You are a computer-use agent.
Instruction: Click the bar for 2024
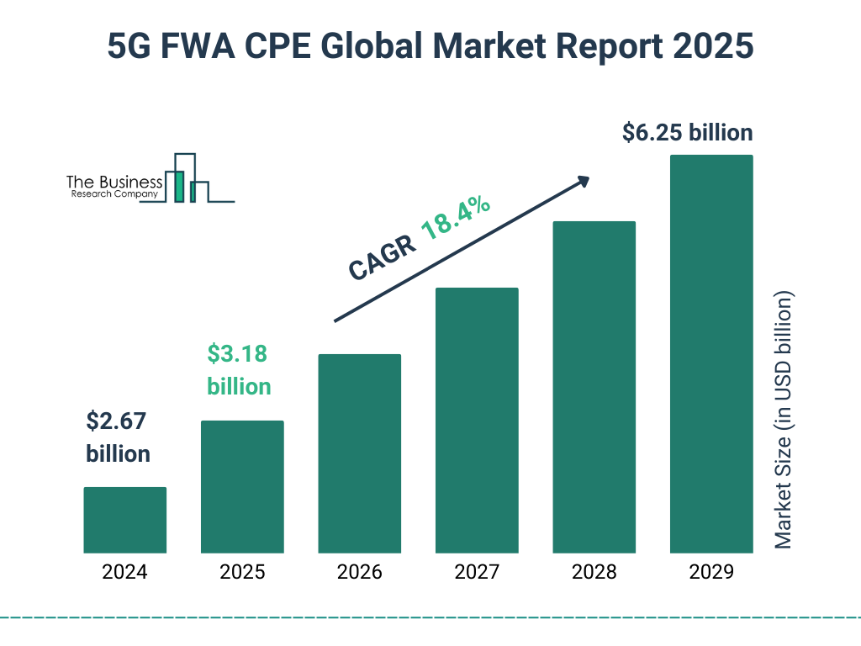click(124, 520)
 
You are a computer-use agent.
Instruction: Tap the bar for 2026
click(359, 453)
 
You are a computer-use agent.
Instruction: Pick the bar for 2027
click(477, 420)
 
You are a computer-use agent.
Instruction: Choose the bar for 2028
click(594, 387)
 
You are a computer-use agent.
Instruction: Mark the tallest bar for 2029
click(711, 353)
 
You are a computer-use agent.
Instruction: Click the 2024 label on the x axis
click(124, 573)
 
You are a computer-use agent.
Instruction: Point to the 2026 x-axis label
click(359, 573)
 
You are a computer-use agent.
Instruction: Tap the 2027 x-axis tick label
click(477, 573)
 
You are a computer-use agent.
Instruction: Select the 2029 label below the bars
click(711, 573)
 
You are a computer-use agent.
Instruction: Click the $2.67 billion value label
click(118, 437)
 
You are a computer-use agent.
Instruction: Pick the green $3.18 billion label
click(239, 370)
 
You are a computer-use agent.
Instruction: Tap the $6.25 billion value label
click(687, 133)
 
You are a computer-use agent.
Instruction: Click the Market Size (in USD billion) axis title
click(784, 421)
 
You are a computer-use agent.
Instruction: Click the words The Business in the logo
click(114, 182)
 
